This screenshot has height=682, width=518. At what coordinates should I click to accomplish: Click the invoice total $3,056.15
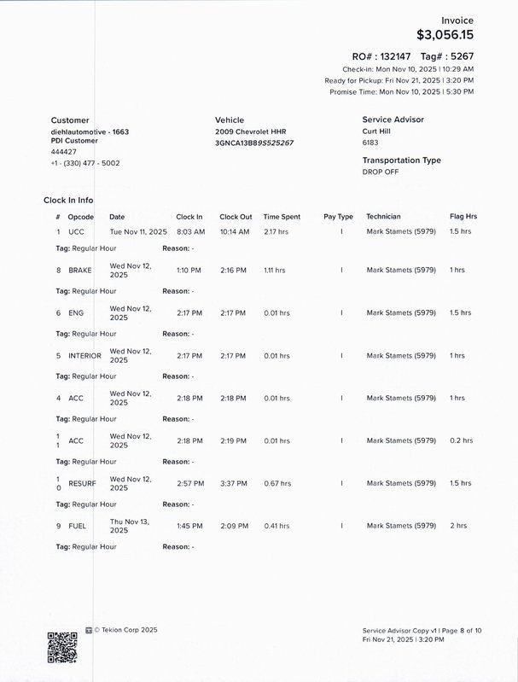pos(445,35)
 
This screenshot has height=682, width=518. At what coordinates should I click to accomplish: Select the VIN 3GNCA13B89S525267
pos(254,143)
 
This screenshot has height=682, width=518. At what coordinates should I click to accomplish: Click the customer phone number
pos(85,162)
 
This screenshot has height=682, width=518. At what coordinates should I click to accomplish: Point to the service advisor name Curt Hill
pos(379,131)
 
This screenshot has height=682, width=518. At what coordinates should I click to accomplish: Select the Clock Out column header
pos(236,217)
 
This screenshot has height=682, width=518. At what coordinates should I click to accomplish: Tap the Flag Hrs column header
pos(463,217)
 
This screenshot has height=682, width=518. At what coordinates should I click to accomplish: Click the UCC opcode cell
pos(76,231)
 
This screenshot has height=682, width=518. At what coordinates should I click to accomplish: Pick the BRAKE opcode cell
pos(79,270)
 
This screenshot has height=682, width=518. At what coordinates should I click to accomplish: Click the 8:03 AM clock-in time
pos(190,231)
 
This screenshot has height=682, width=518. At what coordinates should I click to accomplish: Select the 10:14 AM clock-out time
pos(234,231)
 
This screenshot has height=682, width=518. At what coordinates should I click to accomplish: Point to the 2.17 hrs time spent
pos(276,231)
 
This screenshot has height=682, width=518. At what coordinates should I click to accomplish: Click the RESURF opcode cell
pos(82,483)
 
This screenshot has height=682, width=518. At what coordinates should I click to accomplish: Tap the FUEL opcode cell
pos(77,526)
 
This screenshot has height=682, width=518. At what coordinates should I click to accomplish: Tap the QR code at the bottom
pos(62,647)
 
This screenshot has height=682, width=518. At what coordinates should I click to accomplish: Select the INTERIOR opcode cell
pos(84,355)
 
